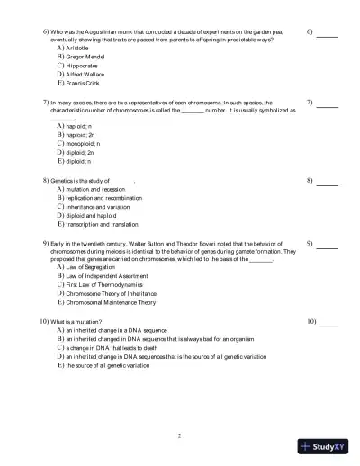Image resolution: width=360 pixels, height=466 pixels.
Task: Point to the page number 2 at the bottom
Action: tap(180, 435)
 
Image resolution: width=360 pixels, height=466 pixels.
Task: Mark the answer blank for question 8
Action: tap(328, 183)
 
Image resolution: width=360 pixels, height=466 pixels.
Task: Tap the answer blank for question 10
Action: tap(328, 324)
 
